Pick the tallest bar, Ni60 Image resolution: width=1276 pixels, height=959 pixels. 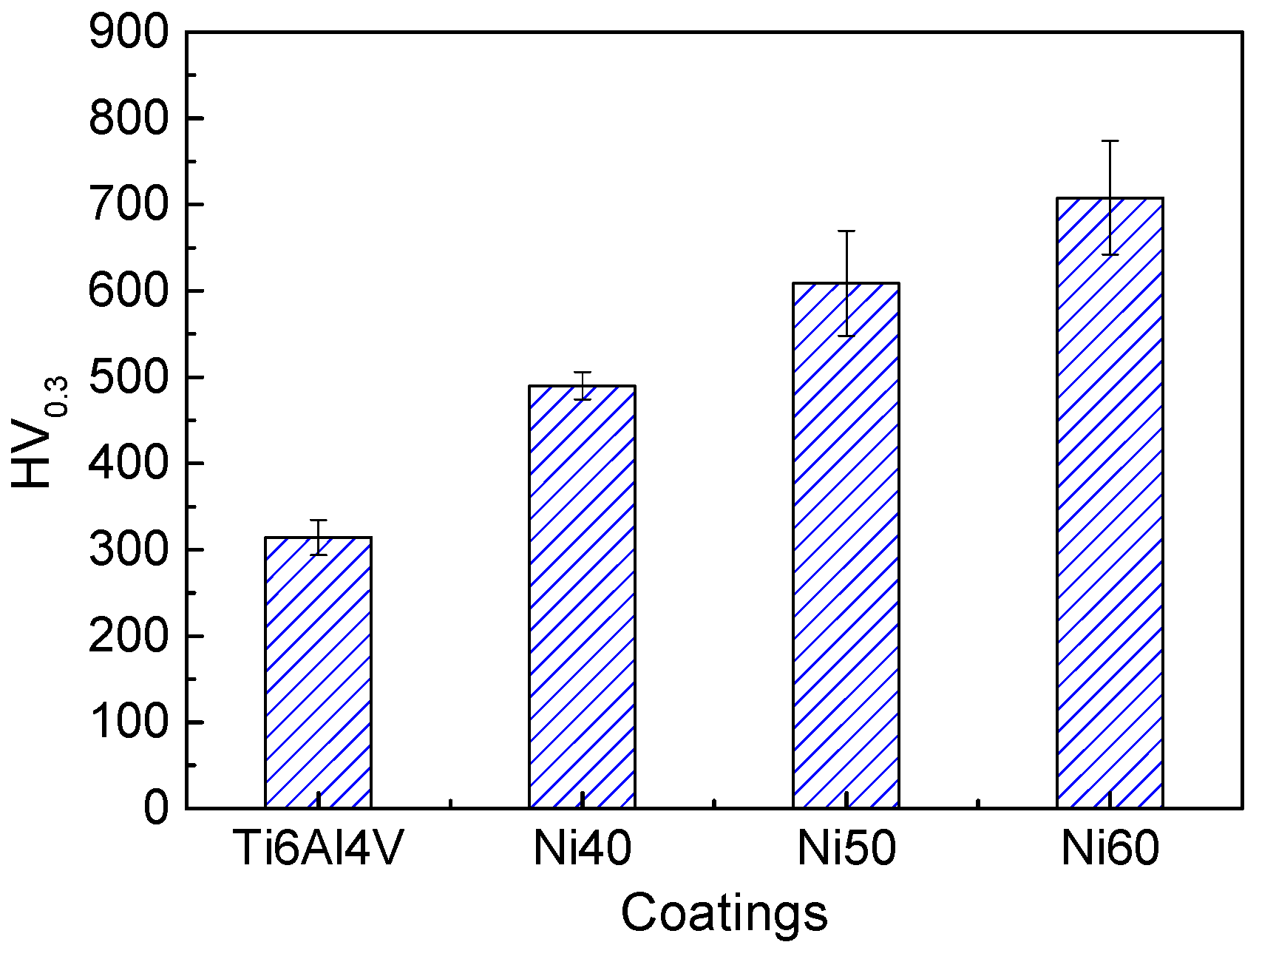tap(1110, 503)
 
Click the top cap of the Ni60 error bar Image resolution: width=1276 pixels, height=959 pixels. tap(1110, 140)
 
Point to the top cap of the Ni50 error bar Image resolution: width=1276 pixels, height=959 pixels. tap(846, 231)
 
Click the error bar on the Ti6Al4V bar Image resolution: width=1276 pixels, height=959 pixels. tap(319, 537)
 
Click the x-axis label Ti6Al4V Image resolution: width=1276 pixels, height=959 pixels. tap(319, 849)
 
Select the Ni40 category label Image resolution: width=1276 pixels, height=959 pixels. tap(582, 849)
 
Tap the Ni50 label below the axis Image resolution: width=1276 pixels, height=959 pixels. tap(846, 849)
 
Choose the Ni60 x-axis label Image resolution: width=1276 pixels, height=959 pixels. tap(1110, 849)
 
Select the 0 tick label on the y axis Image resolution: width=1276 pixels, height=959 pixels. tap(156, 808)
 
